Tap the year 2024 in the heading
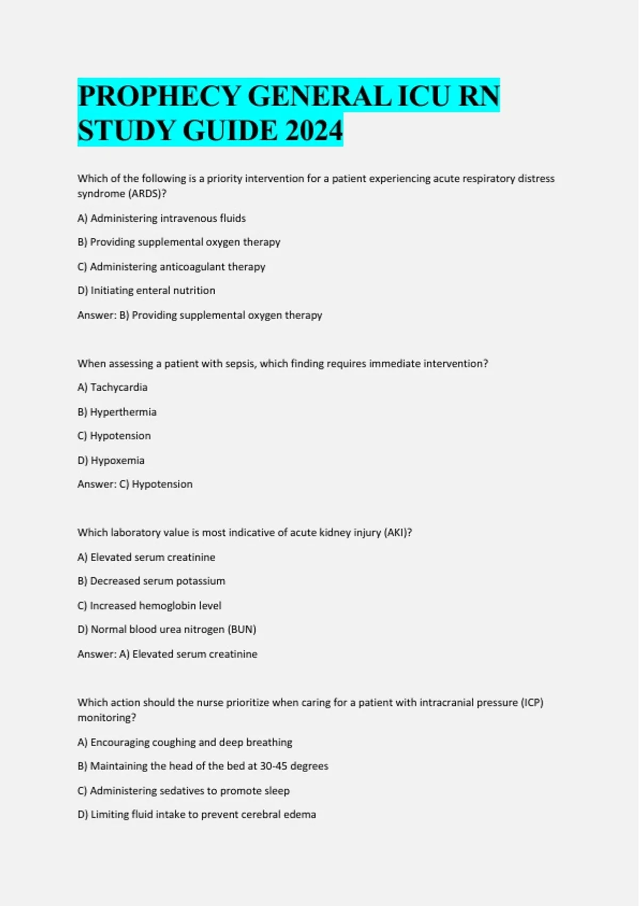(x=314, y=131)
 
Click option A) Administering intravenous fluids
(x=161, y=218)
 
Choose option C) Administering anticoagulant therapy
(x=171, y=266)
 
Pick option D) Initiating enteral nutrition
(x=146, y=290)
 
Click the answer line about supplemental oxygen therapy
(x=200, y=315)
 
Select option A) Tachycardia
(x=112, y=387)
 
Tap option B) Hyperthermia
(x=117, y=412)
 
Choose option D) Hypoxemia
(x=111, y=460)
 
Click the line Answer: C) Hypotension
(x=135, y=484)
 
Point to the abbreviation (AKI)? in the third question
(x=398, y=532)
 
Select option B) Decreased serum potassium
(x=151, y=581)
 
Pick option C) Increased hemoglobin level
(x=149, y=605)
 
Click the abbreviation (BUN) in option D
(x=242, y=629)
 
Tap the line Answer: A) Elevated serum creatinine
(x=167, y=654)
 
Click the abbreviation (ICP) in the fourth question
(x=531, y=702)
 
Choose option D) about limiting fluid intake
(x=196, y=814)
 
